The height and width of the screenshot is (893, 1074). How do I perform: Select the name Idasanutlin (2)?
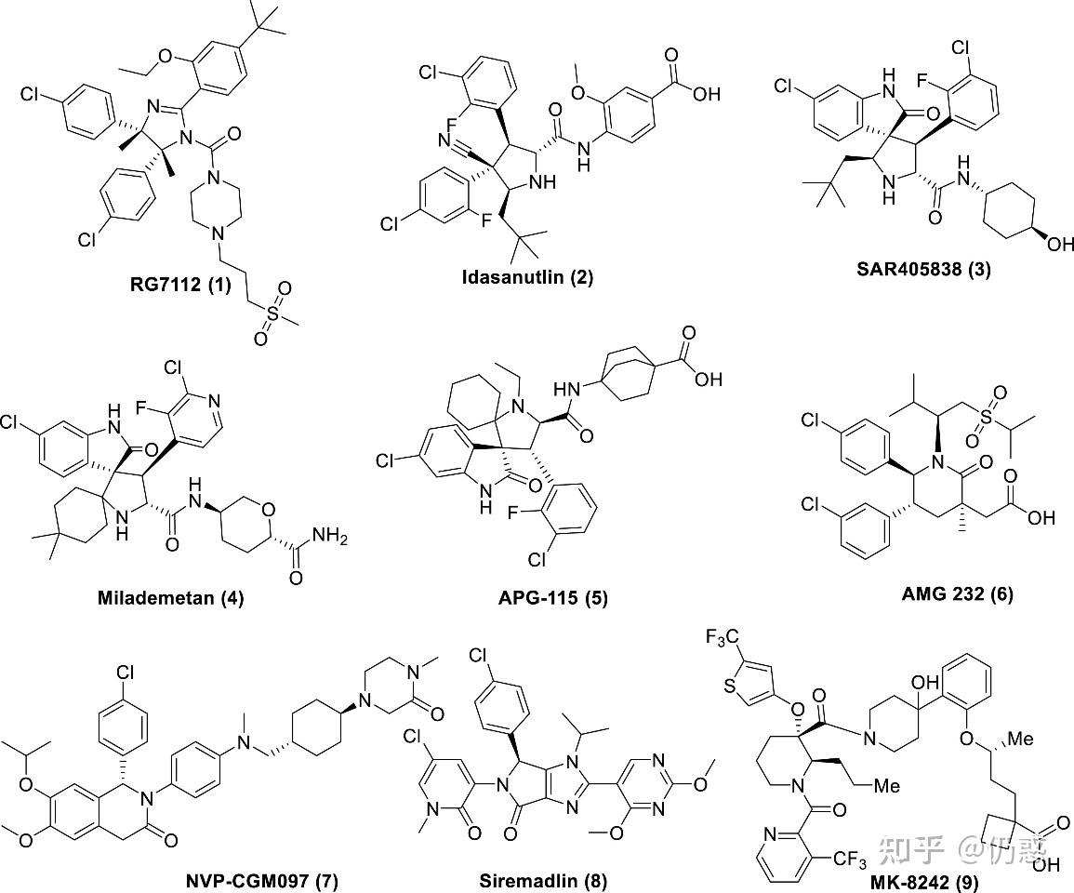527,276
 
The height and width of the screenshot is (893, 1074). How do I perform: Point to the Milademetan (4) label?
170,597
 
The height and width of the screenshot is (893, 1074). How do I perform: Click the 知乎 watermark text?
912,848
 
